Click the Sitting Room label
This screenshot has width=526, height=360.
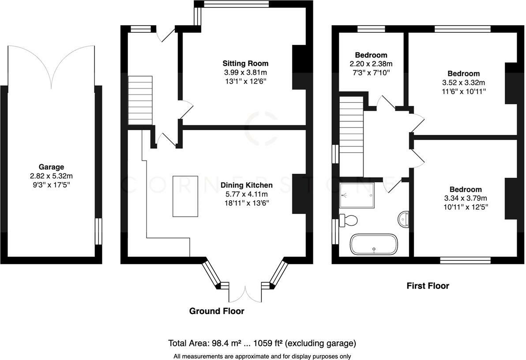pyautogui.click(x=245, y=63)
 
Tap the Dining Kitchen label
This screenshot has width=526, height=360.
pyautogui.click(x=247, y=185)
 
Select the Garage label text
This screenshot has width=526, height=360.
pyautogui.click(x=51, y=167)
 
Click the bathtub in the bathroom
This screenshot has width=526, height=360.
pyautogui.click(x=374, y=244)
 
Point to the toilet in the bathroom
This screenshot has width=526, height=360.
pyautogui.click(x=348, y=220)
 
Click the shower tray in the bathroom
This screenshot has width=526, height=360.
pyautogui.click(x=357, y=195)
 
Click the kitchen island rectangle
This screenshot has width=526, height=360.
pyautogui.click(x=185, y=196)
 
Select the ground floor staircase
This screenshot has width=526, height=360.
pyautogui.click(x=140, y=100)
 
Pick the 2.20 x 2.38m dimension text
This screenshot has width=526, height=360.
pyautogui.click(x=371, y=64)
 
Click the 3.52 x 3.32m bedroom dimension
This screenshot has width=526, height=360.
pyautogui.click(x=464, y=82)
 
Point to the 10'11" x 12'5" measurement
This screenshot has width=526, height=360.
pyautogui.click(x=466, y=207)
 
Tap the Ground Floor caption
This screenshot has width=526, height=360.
pyautogui.click(x=217, y=311)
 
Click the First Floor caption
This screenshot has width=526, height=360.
pyautogui.click(x=428, y=286)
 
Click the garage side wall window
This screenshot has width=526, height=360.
pyautogui.click(x=98, y=232)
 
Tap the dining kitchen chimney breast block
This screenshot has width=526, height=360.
pyautogui.click(x=299, y=194)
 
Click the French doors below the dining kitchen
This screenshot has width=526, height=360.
pyautogui.click(x=245, y=293)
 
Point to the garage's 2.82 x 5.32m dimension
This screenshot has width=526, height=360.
pyautogui.click(x=51, y=176)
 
